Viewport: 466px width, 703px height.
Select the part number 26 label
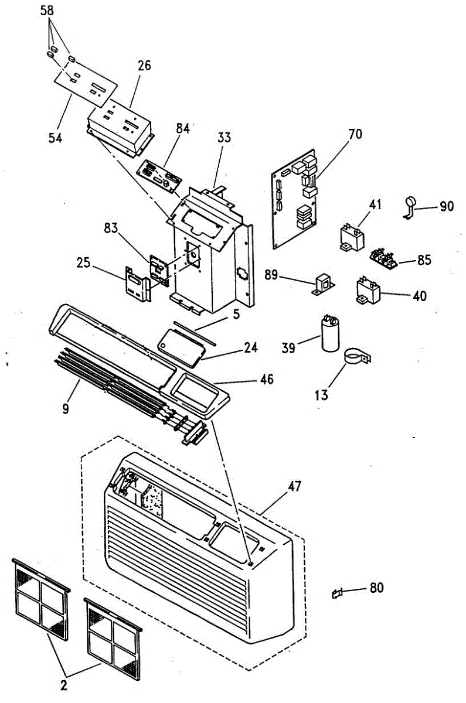[144, 65]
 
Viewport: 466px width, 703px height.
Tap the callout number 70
[355, 134]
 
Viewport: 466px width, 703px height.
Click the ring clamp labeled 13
[356, 357]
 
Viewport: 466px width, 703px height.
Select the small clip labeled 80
[336, 593]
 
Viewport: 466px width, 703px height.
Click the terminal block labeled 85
[385, 257]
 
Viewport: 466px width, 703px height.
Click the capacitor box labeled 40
[369, 291]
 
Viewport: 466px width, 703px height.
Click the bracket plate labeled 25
[138, 283]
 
